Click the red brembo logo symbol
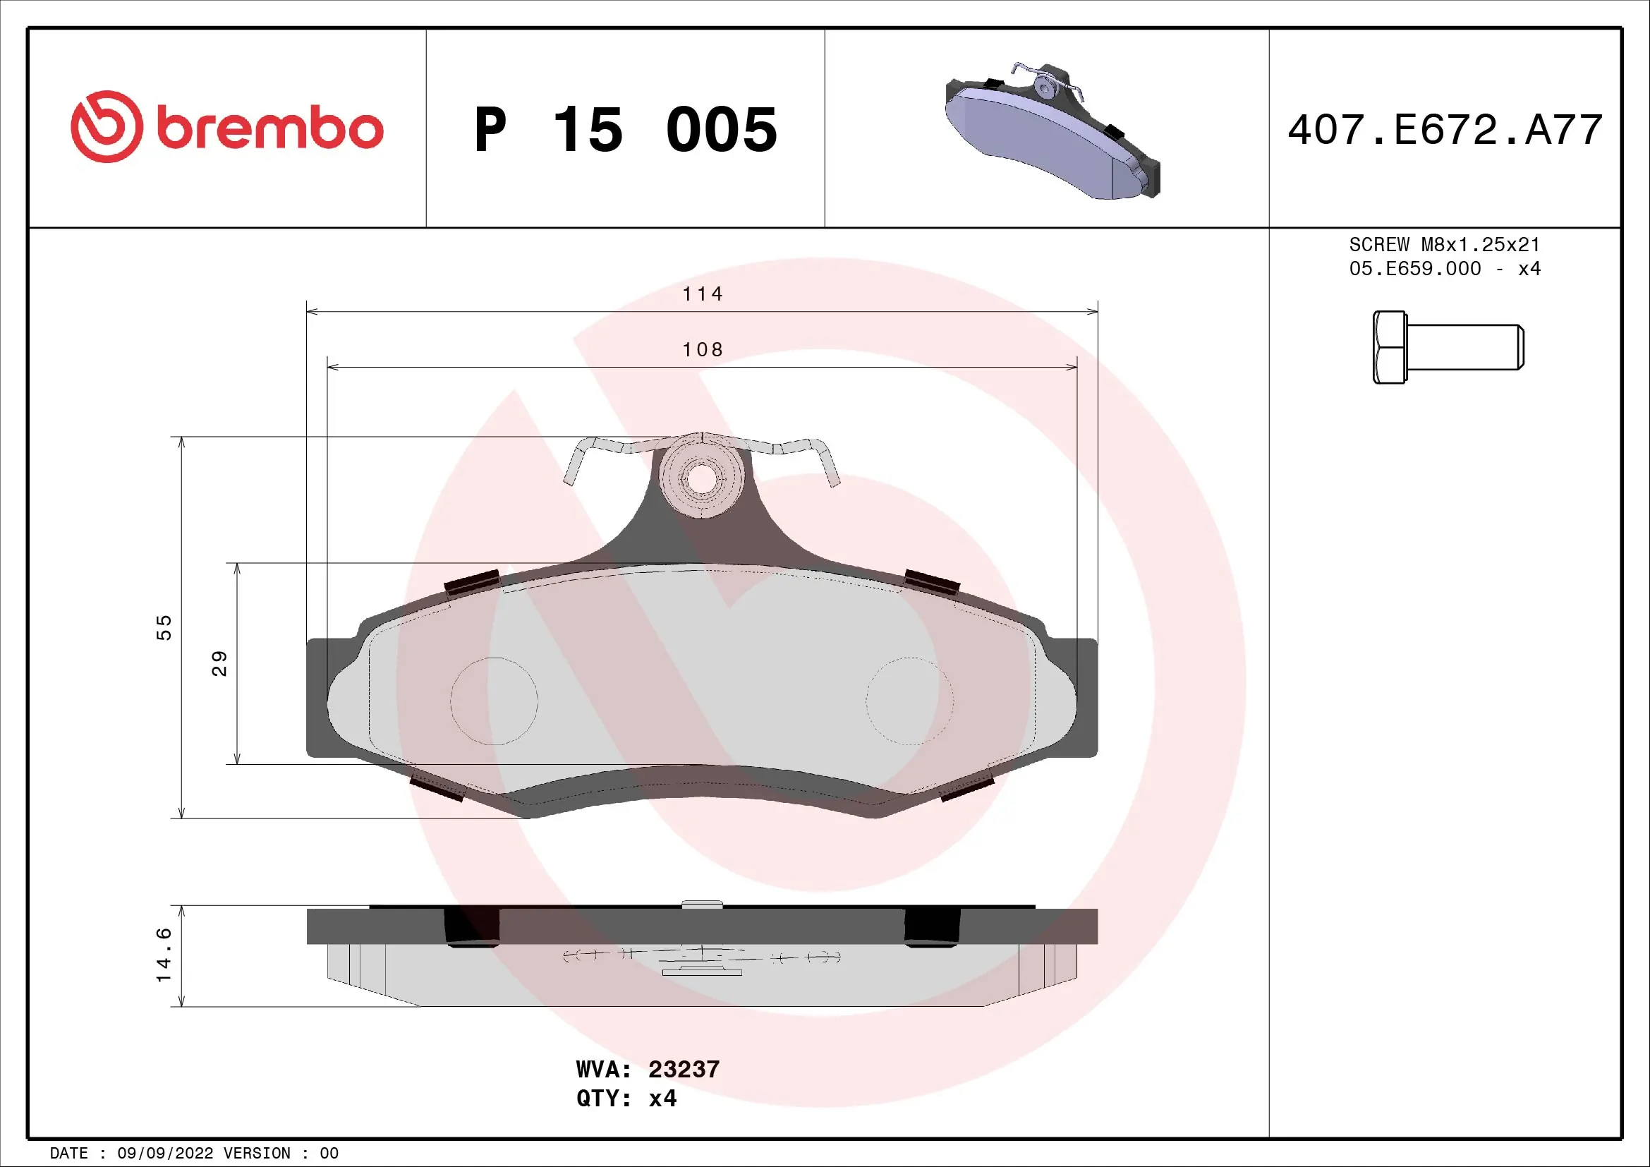click(x=107, y=126)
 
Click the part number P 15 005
click(x=625, y=130)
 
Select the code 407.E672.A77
click(x=1445, y=130)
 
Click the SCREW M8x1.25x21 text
click(x=1444, y=245)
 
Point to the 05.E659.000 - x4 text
click(x=1444, y=269)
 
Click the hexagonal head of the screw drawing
click(x=1389, y=347)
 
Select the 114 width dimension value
click(x=702, y=294)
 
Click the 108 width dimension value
click(x=702, y=350)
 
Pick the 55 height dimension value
click(x=164, y=627)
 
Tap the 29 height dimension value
click(x=219, y=663)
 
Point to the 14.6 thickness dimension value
click(x=164, y=955)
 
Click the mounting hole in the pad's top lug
click(x=700, y=478)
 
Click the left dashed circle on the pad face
click(x=495, y=701)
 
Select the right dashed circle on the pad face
click(x=909, y=701)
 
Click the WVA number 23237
click(x=684, y=1069)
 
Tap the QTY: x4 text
click(x=626, y=1099)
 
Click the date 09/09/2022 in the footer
click(x=165, y=1154)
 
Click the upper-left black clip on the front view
click(x=472, y=581)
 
